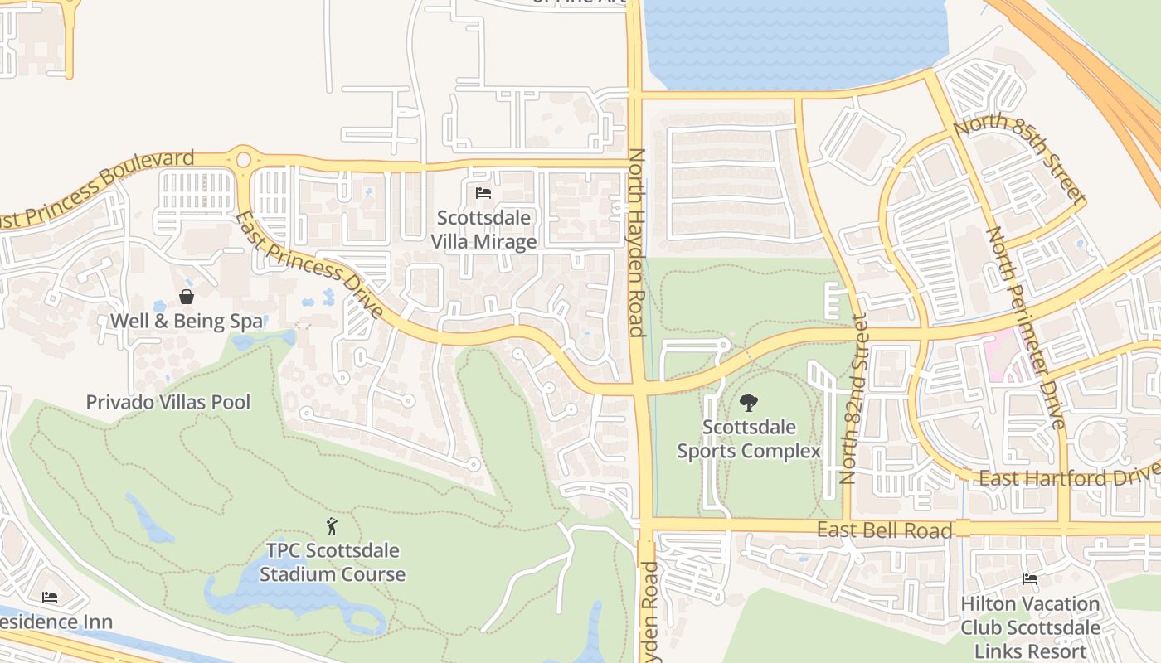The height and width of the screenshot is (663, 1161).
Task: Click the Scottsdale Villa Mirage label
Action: pos(483,230)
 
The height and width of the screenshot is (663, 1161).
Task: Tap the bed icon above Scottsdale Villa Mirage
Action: pos(483,193)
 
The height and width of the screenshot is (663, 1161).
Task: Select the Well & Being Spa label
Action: pos(187,322)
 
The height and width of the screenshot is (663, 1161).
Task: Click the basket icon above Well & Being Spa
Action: pos(187,297)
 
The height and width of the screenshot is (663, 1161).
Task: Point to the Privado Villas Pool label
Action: pos(168,403)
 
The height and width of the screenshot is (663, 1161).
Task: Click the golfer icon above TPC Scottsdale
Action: pos(332,525)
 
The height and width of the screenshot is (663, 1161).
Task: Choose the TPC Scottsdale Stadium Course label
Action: pos(332,563)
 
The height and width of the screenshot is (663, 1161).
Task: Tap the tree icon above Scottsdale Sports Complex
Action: pos(749,403)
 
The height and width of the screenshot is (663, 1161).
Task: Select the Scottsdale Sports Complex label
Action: pos(749,439)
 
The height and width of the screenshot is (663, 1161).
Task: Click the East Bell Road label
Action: pos(884,530)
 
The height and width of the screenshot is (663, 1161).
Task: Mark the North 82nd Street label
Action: pos(853,398)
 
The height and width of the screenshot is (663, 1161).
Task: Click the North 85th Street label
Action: pos(1020,159)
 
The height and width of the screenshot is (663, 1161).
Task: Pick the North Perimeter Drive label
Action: pos(1025,328)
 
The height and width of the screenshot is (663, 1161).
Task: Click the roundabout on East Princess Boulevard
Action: pos(243,158)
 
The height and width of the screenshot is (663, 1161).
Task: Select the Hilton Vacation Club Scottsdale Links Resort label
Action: pos(1030,627)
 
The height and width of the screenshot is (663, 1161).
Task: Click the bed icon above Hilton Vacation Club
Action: pos(1030,579)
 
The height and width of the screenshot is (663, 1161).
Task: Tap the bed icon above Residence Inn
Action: pos(50,597)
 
